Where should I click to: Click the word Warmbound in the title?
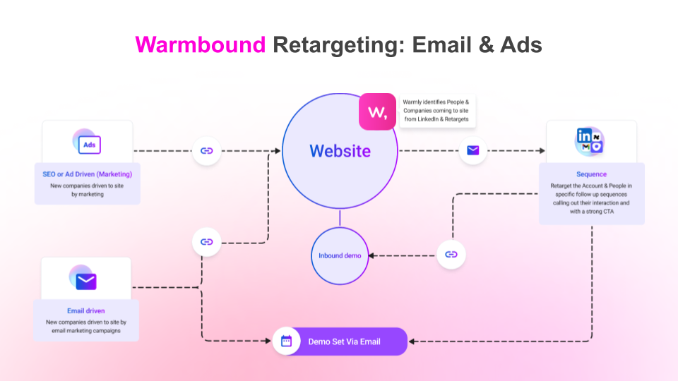(x=201, y=44)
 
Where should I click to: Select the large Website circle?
(x=340, y=151)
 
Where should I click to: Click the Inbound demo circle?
(x=340, y=255)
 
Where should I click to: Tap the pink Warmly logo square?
(x=377, y=111)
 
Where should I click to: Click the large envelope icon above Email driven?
(x=86, y=281)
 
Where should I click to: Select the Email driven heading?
(x=86, y=310)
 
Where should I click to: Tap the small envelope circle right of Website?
(x=473, y=150)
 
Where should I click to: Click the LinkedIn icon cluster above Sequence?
(x=589, y=141)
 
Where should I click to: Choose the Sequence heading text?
(x=591, y=174)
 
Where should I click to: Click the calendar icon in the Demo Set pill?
(x=287, y=341)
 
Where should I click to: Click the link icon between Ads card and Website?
(x=207, y=150)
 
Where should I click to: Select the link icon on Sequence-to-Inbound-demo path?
(x=451, y=255)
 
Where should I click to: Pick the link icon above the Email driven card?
(x=207, y=242)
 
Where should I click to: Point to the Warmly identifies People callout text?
(x=436, y=110)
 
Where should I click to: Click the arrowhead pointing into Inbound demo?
(x=372, y=255)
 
